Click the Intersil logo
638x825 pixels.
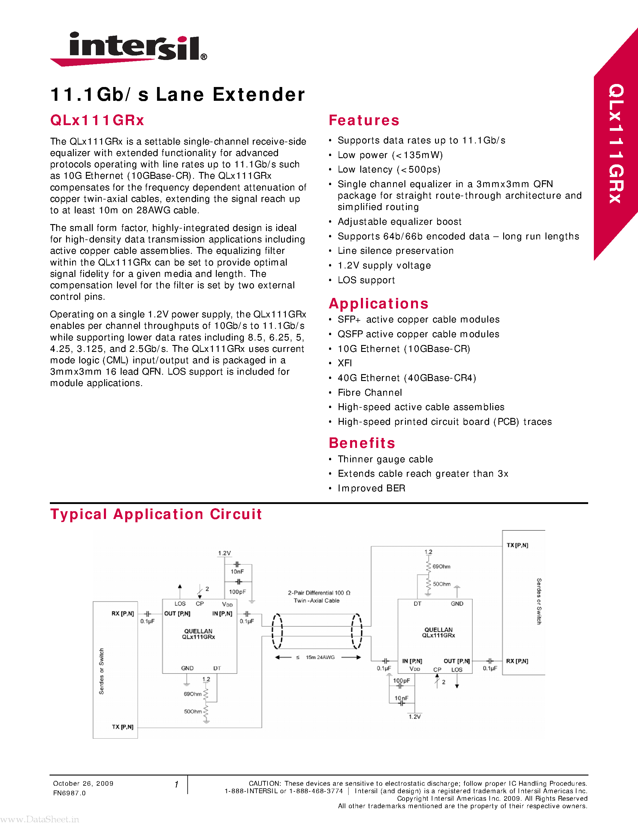[x=129, y=48]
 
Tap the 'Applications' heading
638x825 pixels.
[x=379, y=304]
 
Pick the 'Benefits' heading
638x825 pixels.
[x=362, y=443]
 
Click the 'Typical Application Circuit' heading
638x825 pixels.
[x=156, y=514]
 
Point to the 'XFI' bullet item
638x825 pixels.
[x=345, y=363]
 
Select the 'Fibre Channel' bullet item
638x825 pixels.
[x=370, y=392]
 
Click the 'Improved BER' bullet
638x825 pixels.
[x=371, y=488]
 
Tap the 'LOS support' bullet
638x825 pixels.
[x=366, y=280]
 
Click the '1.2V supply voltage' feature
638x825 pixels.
[x=384, y=265]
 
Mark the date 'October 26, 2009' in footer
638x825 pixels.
[x=83, y=783]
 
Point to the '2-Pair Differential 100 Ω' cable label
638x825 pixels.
[x=319, y=593]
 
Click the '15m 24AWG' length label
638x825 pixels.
[x=320, y=657]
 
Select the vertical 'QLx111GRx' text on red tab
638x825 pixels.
[x=616, y=143]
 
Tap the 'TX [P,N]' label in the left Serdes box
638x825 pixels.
[x=122, y=727]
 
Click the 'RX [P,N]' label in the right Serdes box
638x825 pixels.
[x=517, y=661]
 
